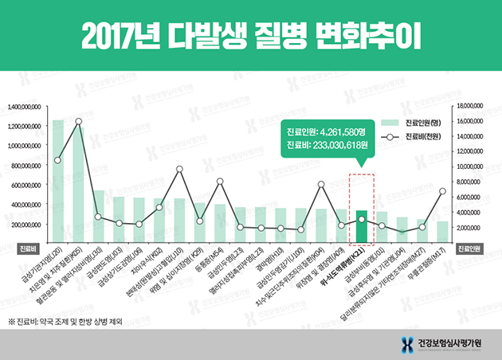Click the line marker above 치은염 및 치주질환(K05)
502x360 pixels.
click(78, 122)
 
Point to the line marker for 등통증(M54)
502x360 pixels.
click(220, 182)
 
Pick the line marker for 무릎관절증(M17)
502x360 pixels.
click(442, 191)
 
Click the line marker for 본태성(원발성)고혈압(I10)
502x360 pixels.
click(179, 169)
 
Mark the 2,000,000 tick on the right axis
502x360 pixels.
click(468, 228)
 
